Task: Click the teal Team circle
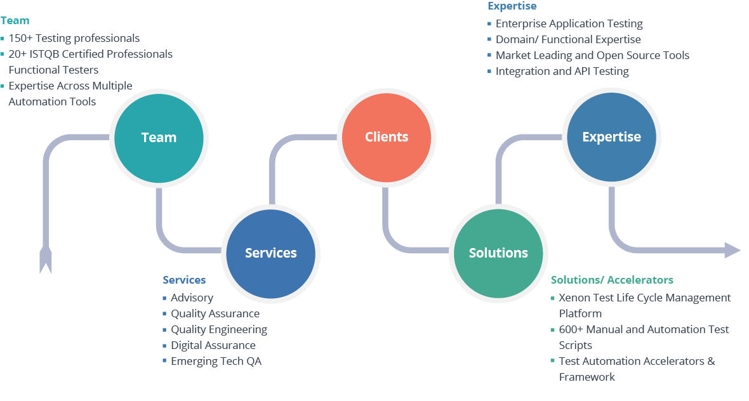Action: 158,138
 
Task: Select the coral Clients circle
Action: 387,137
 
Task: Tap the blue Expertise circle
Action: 611,137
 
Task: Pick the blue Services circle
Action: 271,253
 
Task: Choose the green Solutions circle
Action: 498,253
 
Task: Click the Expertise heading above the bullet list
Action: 512,6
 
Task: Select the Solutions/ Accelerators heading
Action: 612,280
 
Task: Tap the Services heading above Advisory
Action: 184,280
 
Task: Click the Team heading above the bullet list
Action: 15,21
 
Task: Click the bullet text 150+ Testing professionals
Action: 74,38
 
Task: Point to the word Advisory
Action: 192,298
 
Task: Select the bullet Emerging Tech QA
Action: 216,361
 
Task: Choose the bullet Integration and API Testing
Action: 562,71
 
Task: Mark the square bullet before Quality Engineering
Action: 164,330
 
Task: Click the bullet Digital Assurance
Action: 213,345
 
